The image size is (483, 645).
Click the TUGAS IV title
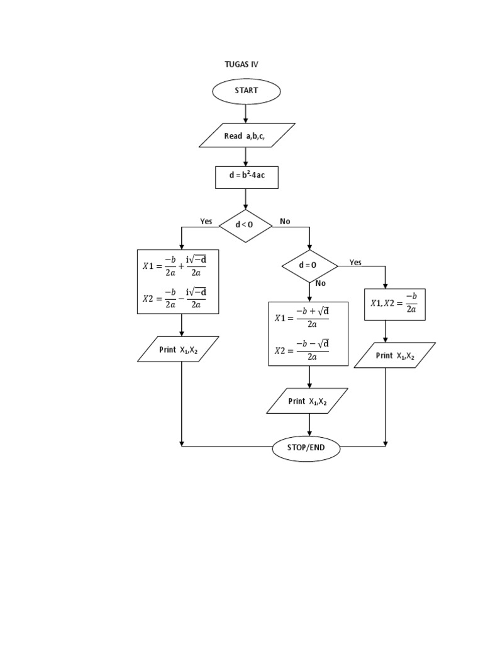[241, 64]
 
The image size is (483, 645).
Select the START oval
[246, 91]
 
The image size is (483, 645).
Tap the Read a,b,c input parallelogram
[247, 135]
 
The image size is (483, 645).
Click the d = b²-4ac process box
[246, 176]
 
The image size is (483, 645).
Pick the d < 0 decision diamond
[245, 225]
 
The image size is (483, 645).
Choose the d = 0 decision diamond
[309, 265]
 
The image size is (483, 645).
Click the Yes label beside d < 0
[206, 221]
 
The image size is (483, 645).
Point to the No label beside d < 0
[285, 221]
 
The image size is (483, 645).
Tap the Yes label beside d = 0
[355, 262]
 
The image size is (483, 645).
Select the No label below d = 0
[321, 283]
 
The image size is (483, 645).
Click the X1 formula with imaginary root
[175, 266]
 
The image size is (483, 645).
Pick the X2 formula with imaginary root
[175, 298]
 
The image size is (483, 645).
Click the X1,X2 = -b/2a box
[394, 303]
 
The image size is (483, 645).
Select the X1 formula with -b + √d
[303, 318]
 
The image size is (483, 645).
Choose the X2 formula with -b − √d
[303, 350]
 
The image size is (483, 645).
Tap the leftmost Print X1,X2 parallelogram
[178, 350]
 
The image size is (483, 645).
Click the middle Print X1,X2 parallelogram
[307, 401]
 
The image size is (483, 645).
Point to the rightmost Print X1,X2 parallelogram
[394, 355]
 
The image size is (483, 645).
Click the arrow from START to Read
[246, 113]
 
